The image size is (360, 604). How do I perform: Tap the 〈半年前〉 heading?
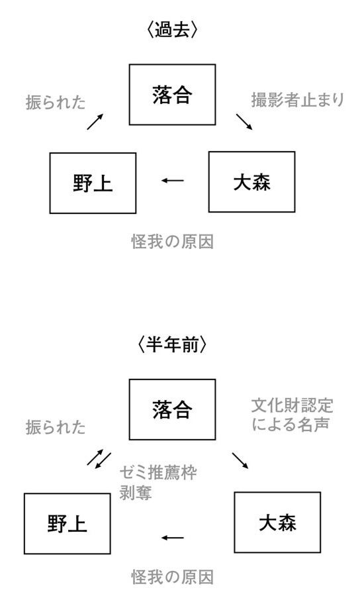pos(172,344)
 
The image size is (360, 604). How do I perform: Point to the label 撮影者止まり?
pos(298,100)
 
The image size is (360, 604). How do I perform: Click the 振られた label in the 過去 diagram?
pos(56,103)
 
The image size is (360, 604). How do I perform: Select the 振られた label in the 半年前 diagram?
pos(56,427)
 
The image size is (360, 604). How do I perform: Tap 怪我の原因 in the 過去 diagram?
pos(172,242)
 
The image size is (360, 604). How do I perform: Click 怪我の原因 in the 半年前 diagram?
pos(172,577)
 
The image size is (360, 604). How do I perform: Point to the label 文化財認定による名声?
pos(292,415)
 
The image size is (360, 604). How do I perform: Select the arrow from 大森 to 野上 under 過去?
pos(173,180)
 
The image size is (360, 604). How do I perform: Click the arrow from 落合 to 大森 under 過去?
pos(244,122)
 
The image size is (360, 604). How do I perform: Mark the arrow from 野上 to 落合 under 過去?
pos(95,121)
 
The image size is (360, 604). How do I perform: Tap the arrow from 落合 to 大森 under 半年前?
pos(240,461)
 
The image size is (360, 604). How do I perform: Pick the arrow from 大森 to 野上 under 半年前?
pos(173,537)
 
